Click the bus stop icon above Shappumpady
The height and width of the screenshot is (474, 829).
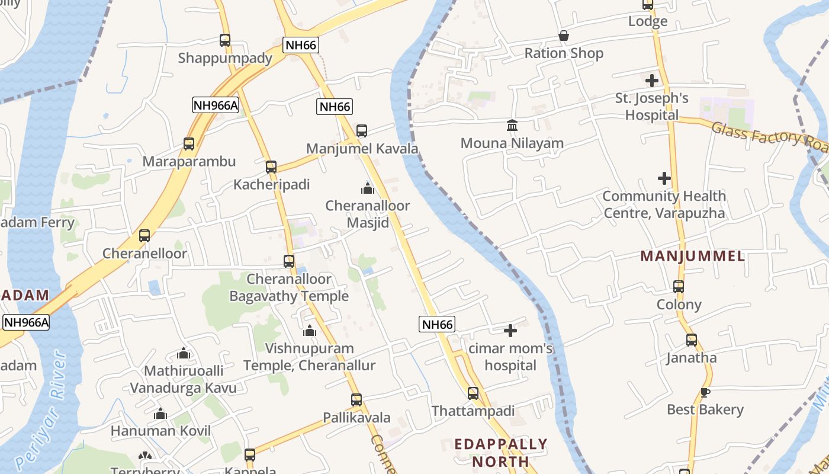pyautogui.click(x=225, y=40)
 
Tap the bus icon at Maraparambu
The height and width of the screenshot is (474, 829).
pyautogui.click(x=189, y=144)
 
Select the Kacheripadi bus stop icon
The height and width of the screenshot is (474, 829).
pyautogui.click(x=271, y=167)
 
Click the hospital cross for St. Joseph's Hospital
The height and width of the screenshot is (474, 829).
pyautogui.click(x=652, y=80)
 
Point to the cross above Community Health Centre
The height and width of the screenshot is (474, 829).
pyautogui.click(x=664, y=178)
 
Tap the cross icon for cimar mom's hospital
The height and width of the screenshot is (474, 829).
pyautogui.click(x=510, y=330)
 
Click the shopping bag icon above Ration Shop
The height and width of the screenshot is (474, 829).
pyautogui.click(x=564, y=36)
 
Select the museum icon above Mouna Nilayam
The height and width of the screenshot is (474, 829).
pyautogui.click(x=512, y=126)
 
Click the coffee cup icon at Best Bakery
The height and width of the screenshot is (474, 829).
pyautogui.click(x=705, y=392)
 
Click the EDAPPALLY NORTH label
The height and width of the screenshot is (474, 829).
pyautogui.click(x=500, y=452)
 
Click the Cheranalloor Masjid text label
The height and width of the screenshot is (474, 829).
pyautogui.click(x=367, y=214)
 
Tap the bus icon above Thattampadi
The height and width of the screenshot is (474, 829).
pyautogui.click(x=473, y=393)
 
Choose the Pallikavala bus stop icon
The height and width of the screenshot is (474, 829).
pyautogui.click(x=356, y=400)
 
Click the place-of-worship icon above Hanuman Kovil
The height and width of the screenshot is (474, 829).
pyautogui.click(x=160, y=414)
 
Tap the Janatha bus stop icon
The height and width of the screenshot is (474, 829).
pyautogui.click(x=692, y=340)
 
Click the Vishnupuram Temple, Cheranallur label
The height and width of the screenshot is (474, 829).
pyautogui.click(x=309, y=357)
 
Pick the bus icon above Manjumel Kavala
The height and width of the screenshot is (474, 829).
pyautogui.click(x=362, y=131)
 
